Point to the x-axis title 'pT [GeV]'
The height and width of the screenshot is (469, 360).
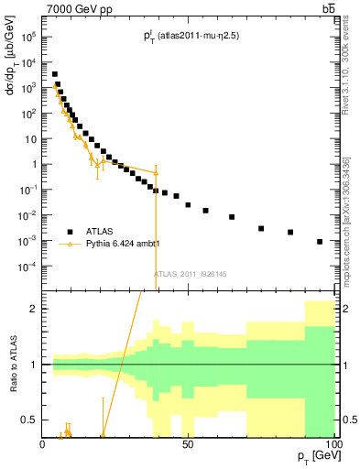tap(314, 455)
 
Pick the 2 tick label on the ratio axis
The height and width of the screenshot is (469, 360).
tap(34, 309)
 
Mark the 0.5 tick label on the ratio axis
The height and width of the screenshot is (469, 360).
tap(30, 420)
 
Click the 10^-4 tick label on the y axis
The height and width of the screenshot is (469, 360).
tap(29, 267)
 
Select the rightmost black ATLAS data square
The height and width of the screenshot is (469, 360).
tap(320, 242)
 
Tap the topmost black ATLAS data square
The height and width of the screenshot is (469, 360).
tap(55, 74)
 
